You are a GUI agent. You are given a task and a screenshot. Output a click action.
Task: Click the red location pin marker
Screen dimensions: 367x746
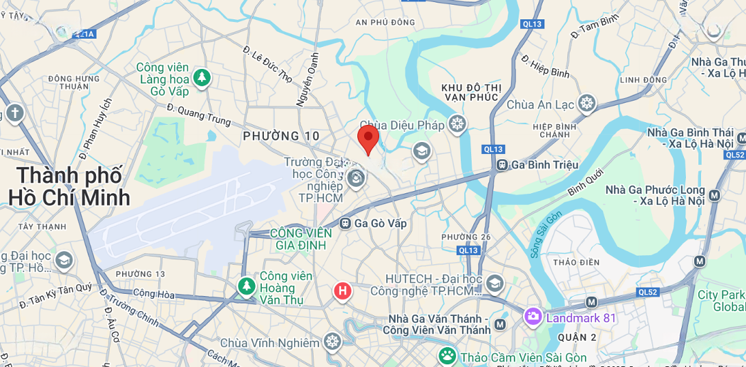[368, 139]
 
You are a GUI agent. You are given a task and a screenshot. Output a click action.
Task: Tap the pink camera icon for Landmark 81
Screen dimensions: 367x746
[533, 317]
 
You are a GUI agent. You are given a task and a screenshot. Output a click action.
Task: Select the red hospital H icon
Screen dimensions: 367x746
[342, 291]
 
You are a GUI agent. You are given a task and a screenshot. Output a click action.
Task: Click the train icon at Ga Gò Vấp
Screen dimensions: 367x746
[345, 224]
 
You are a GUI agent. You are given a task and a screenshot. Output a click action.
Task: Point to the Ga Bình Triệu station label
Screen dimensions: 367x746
[544, 165]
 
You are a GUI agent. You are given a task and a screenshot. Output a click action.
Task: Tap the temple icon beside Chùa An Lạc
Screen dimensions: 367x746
[587, 104]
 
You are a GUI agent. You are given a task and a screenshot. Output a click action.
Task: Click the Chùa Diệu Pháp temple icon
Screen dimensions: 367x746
[457, 124]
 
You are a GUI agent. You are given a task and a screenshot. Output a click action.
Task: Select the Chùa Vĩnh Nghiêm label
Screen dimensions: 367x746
[270, 343]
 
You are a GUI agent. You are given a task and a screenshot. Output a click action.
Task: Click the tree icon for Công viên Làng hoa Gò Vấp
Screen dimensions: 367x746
[202, 78]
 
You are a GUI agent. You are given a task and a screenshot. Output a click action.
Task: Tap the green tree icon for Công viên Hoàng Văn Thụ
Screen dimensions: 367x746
[246, 285]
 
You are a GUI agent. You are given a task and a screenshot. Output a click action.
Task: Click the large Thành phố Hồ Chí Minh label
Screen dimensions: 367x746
[69, 186]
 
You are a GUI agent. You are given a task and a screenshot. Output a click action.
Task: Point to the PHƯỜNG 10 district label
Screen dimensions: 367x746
[281, 137]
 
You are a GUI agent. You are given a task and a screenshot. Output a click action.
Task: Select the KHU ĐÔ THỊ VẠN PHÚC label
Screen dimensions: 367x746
[470, 92]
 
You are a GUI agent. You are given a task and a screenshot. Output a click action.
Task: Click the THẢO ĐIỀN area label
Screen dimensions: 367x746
[574, 263]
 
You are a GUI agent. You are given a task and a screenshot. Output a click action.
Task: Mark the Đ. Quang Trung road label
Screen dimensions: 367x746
[199, 115]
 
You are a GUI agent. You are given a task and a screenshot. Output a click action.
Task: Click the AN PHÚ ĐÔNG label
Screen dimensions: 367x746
[385, 22]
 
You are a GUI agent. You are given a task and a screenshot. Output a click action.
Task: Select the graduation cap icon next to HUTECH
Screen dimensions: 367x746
[494, 283]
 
